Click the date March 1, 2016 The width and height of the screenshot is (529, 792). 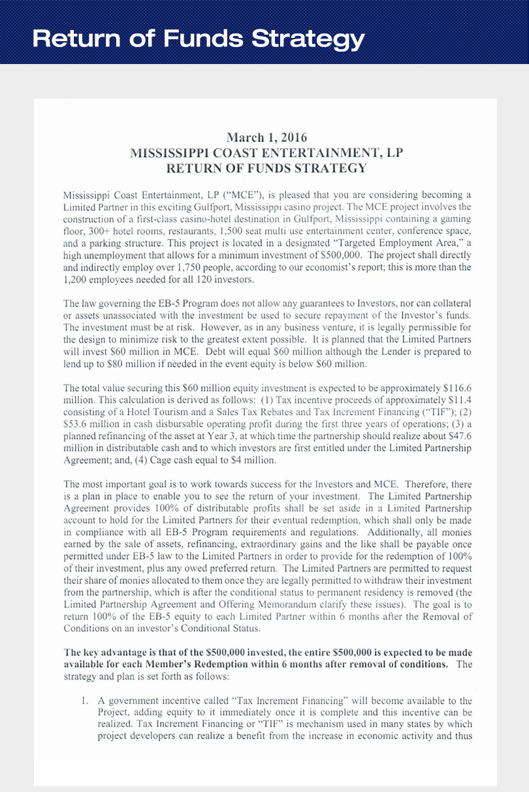pos(266,138)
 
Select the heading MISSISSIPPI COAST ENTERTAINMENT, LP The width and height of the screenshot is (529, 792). pos(266,154)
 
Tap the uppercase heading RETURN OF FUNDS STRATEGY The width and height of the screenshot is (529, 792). pos(266,169)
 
